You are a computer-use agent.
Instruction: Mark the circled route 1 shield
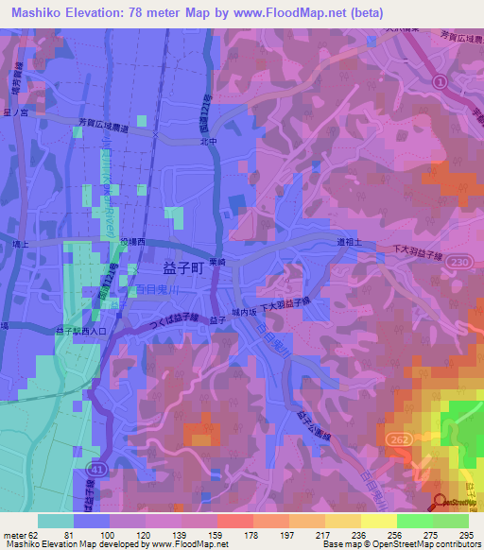440,83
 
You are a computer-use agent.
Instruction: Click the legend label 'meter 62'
21,535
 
